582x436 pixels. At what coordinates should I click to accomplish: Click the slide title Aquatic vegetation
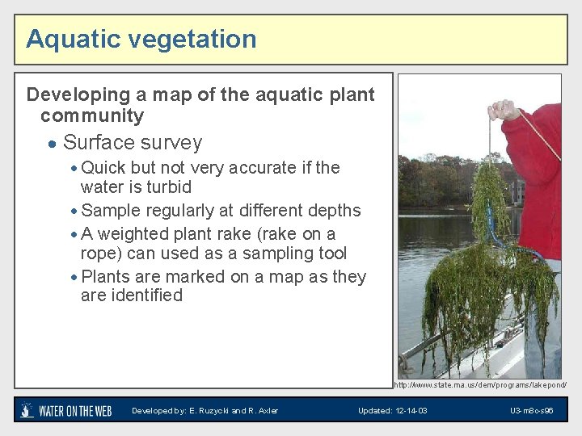point(141,40)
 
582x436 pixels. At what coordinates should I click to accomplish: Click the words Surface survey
point(133,143)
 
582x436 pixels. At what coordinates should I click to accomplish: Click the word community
point(91,116)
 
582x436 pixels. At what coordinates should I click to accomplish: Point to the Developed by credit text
point(205,411)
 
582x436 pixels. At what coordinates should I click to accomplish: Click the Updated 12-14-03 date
point(393,411)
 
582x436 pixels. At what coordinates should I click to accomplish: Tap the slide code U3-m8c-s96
point(531,411)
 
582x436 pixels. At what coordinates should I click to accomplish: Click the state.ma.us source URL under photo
point(480,386)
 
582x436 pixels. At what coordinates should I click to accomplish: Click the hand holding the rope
point(506,110)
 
